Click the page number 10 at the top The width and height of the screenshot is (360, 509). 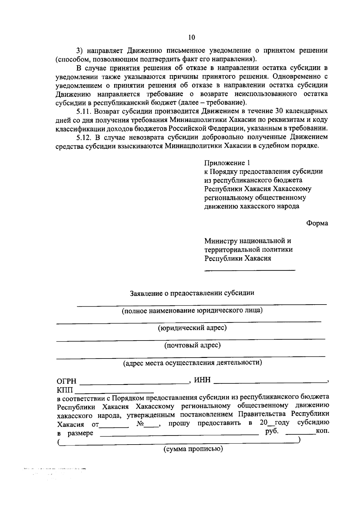click(192, 37)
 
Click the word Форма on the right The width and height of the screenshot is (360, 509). click(317, 223)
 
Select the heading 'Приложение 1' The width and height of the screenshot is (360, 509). click(227, 163)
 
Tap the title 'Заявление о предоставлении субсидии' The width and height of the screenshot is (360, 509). click(192, 293)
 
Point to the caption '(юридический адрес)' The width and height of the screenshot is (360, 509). click(192, 328)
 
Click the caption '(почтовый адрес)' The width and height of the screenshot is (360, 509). click(192, 345)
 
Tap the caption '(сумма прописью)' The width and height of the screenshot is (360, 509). click(193, 449)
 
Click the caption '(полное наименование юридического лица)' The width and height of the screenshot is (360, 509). click(192, 311)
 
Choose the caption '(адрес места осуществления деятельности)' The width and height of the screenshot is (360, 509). click(193, 363)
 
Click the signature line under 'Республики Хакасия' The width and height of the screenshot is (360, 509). click(250, 270)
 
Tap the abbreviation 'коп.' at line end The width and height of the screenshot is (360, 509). click(322, 431)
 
